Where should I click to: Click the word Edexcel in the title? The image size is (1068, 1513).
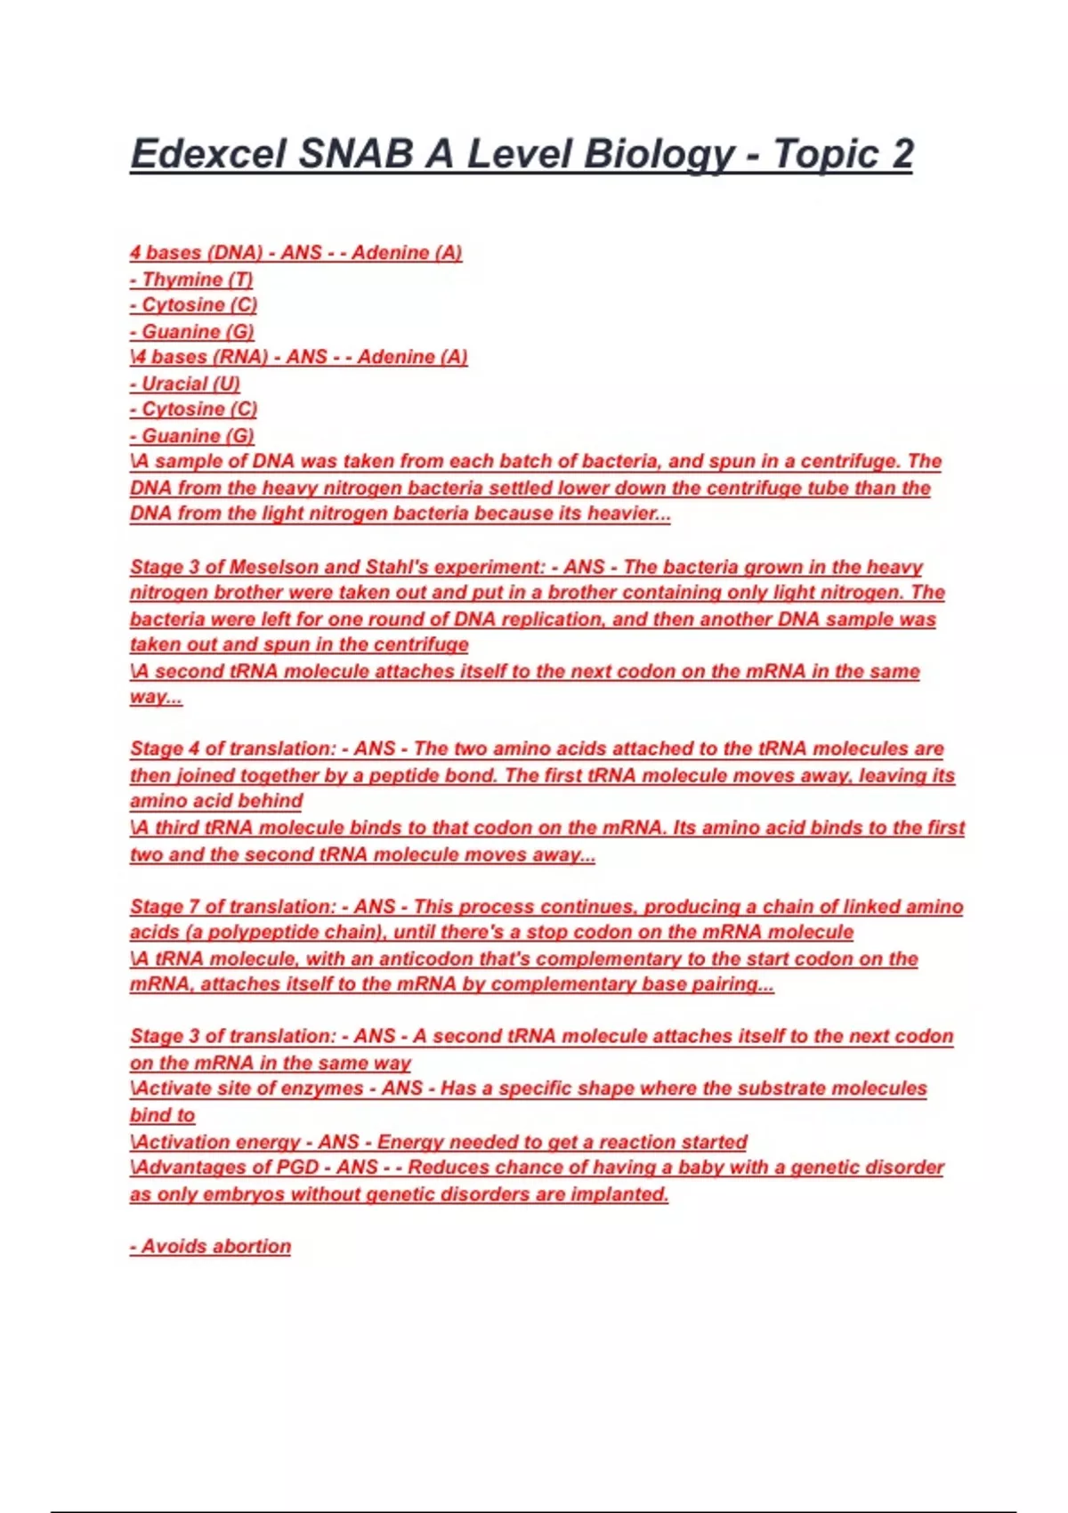(x=208, y=154)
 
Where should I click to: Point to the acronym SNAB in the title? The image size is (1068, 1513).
(x=355, y=154)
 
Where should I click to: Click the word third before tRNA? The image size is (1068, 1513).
(x=177, y=828)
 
